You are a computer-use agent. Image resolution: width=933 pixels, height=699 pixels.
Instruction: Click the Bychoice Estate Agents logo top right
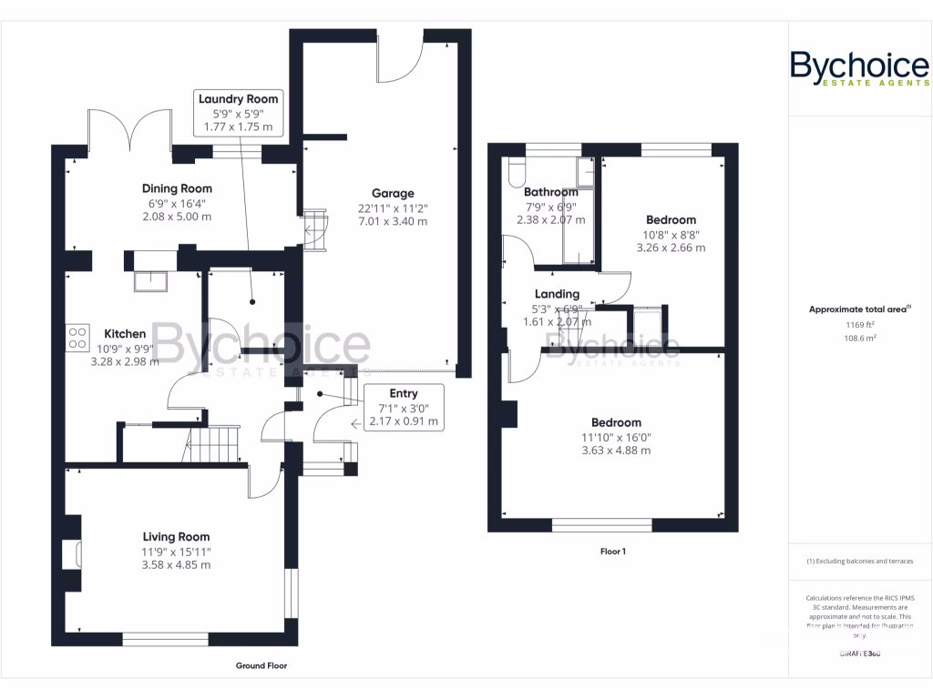click(859, 69)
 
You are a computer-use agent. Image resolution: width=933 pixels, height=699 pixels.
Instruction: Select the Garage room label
click(392, 193)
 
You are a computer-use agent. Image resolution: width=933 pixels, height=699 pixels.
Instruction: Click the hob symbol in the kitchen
click(77, 338)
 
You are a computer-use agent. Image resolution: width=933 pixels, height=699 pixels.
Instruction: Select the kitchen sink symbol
click(150, 281)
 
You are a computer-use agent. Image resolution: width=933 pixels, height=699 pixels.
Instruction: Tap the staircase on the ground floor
click(212, 445)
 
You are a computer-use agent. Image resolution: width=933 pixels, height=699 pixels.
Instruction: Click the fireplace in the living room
click(71, 554)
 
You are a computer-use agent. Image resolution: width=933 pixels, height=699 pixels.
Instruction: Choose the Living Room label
click(176, 537)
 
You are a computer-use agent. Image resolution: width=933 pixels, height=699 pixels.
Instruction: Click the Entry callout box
click(403, 406)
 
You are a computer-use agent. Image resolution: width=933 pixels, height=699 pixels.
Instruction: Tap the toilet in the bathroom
click(516, 172)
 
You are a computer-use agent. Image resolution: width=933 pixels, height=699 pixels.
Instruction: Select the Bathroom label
click(550, 192)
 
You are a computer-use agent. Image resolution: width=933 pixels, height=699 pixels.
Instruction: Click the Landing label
click(557, 294)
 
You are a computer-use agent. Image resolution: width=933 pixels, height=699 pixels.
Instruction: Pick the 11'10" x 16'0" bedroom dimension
click(616, 437)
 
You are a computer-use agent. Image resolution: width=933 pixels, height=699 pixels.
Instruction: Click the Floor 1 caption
click(612, 552)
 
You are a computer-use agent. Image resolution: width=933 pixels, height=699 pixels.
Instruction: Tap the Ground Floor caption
click(261, 665)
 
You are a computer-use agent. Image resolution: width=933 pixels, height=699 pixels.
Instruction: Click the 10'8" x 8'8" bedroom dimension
click(671, 234)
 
